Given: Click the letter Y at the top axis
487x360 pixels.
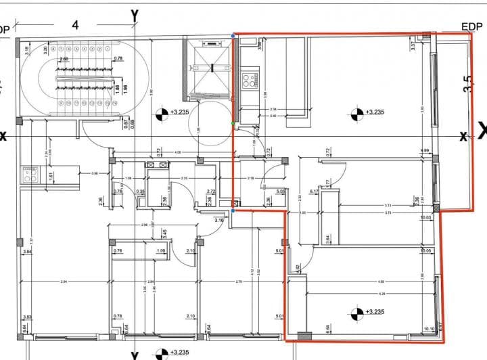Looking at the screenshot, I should pyautogui.click(x=135, y=14).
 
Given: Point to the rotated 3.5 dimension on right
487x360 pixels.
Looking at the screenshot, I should pyautogui.click(x=467, y=84).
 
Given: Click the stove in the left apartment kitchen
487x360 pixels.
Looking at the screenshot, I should pyautogui.click(x=29, y=175).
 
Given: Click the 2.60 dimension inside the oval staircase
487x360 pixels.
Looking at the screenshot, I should pyautogui.click(x=64, y=60).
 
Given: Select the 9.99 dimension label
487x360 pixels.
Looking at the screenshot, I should pyautogui.click(x=425, y=151).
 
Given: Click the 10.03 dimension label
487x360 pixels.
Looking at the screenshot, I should pyautogui.click(x=425, y=218).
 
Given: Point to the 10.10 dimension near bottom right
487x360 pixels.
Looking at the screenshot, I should pyautogui.click(x=428, y=330).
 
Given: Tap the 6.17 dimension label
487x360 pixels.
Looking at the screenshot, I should pyautogui.click(x=314, y=192).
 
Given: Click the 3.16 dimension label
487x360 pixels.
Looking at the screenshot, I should pyautogui.click(x=219, y=220).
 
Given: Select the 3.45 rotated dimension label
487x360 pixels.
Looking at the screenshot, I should pyautogui.click(x=164, y=233).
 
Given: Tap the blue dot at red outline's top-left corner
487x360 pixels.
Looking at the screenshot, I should pyautogui.click(x=233, y=33).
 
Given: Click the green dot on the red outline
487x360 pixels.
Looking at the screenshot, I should pyautogui.click(x=233, y=123).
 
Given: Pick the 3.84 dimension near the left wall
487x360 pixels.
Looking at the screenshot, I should pyautogui.click(x=27, y=252).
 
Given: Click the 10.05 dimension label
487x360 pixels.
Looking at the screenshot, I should pyautogui.click(x=425, y=251).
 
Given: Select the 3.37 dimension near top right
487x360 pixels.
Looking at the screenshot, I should pyautogui.click(x=412, y=46).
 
